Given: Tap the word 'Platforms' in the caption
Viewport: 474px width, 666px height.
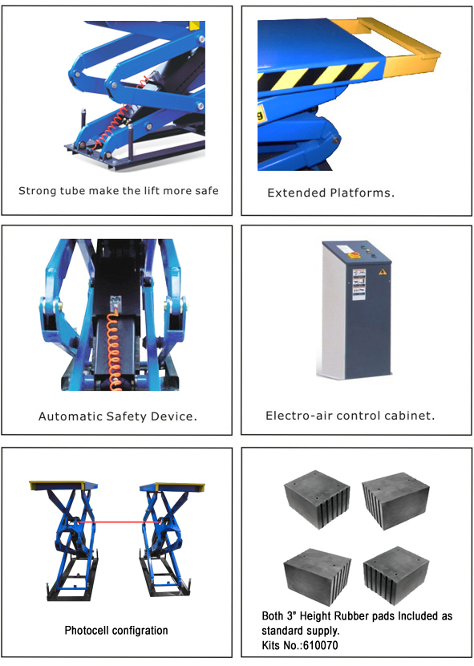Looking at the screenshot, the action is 361,193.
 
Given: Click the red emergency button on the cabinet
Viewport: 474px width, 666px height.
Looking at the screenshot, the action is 354,255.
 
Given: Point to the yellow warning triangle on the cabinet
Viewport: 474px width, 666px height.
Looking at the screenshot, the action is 383,271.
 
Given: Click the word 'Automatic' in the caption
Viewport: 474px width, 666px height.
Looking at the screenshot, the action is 69,416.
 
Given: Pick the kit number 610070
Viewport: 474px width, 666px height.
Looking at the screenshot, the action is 320,646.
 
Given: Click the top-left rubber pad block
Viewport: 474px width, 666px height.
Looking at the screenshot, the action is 317,497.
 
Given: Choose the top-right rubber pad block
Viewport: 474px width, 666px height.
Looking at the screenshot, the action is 395,499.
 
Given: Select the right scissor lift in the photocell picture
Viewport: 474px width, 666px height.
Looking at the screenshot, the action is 170,539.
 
